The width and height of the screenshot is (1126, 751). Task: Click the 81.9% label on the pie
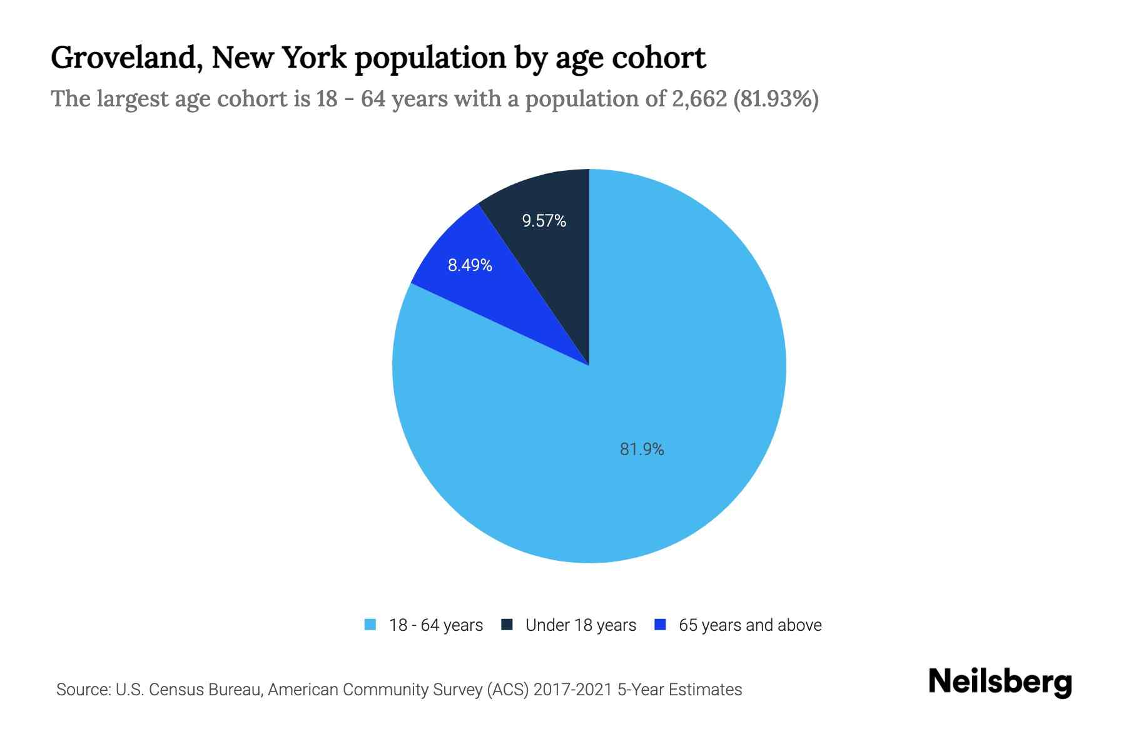[642, 449]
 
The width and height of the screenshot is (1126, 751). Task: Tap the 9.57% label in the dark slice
[544, 221]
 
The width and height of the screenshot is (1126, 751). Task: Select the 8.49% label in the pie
[470, 265]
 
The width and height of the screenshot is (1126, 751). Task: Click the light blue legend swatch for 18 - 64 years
[370, 625]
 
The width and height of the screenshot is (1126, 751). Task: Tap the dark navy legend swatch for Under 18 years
[507, 625]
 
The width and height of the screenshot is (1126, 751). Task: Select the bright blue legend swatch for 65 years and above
[659, 625]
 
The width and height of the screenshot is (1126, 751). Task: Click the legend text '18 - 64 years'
[436, 625]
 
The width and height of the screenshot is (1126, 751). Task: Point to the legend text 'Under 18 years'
[581, 625]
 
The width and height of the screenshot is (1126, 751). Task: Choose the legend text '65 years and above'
[750, 625]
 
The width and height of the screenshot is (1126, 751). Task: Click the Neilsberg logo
[1000, 682]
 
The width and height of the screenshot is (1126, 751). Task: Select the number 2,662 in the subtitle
[699, 99]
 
